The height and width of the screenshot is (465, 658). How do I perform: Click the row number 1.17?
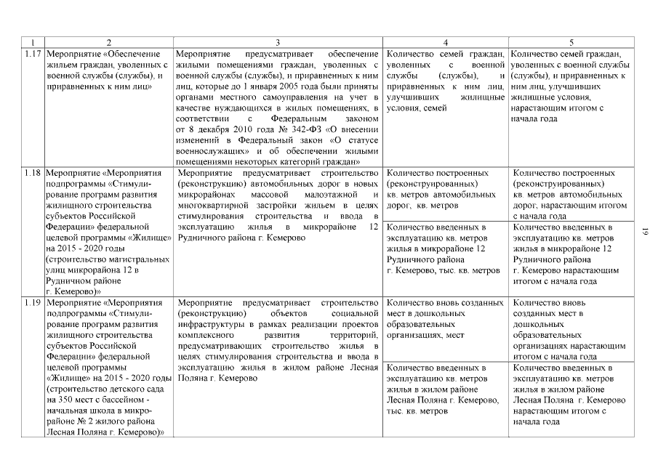(32, 54)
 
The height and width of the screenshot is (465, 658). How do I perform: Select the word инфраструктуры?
(209, 323)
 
